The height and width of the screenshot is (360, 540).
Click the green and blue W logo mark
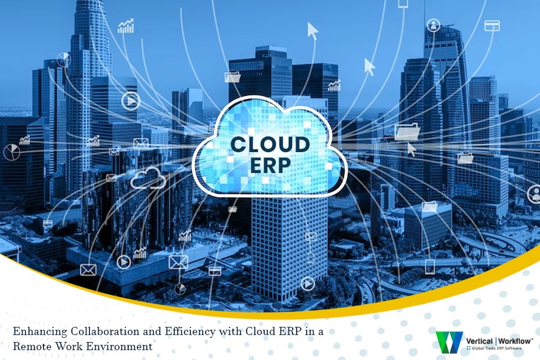449,343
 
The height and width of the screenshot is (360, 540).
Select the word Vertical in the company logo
480,341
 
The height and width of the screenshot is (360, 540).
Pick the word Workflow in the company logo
513,341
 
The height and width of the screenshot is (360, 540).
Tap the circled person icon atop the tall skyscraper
434,25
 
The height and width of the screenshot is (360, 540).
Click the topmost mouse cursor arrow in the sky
313,30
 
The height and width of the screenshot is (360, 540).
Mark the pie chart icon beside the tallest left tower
64,59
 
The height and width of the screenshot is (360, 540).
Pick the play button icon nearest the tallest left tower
131,102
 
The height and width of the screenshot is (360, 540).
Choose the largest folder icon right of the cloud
406,133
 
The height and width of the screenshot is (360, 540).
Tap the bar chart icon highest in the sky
126,26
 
